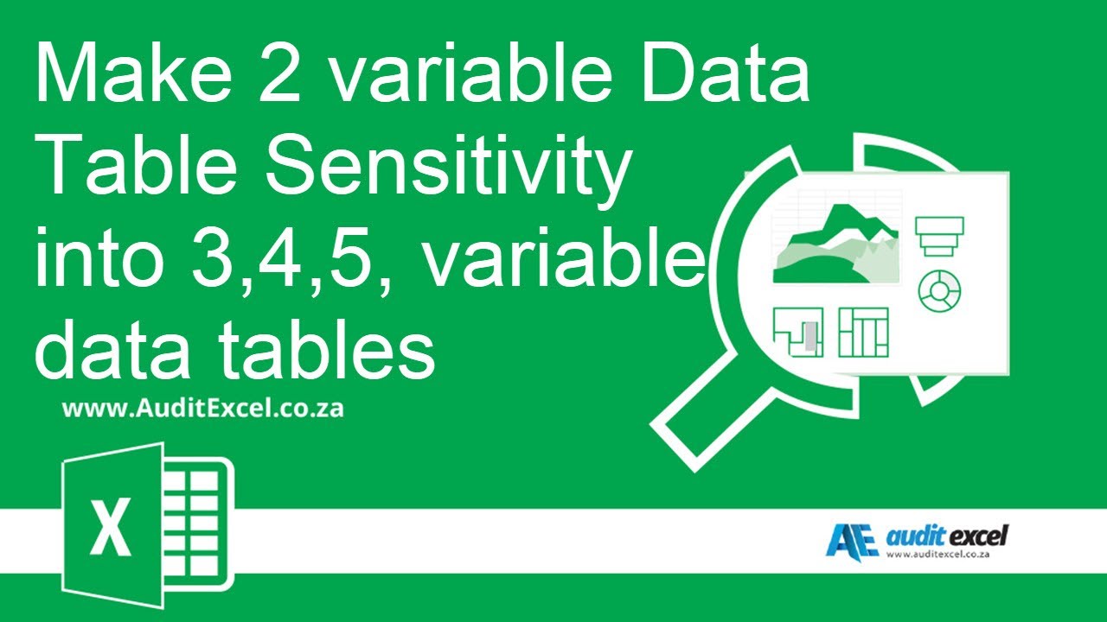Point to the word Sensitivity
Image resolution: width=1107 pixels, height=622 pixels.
[446, 168]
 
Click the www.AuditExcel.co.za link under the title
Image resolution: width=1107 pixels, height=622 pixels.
[202, 409]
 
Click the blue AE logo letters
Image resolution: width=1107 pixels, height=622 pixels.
[851, 541]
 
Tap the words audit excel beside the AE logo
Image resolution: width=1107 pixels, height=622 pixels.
[946, 536]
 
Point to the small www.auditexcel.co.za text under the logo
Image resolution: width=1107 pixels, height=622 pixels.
[939, 554]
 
